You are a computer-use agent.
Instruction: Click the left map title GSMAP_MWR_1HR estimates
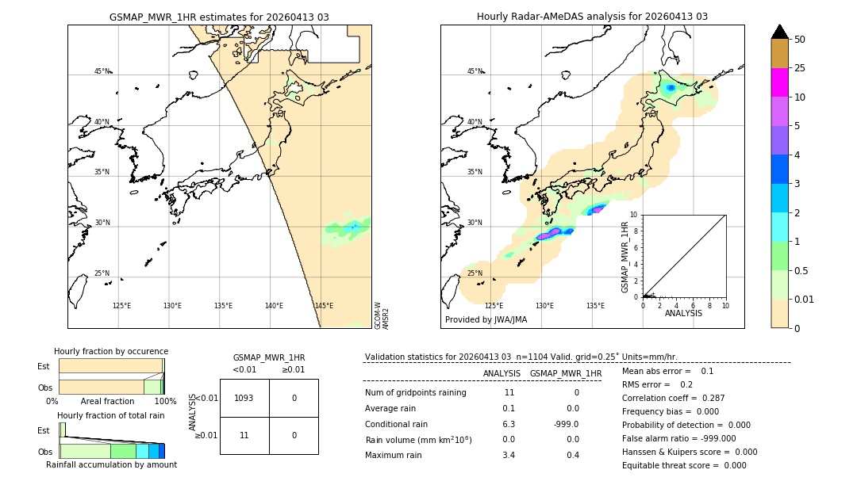coord(219,17)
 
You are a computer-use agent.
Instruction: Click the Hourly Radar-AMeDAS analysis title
coord(592,17)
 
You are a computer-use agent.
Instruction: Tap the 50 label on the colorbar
coord(800,39)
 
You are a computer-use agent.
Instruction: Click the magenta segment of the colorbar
coord(780,82)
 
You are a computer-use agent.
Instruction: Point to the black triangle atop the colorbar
coord(780,32)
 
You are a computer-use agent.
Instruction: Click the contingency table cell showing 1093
coord(244,398)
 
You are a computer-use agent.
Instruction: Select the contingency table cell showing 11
coord(244,435)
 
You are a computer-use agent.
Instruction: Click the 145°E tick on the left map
coord(324,306)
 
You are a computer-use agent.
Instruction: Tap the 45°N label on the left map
coord(102,71)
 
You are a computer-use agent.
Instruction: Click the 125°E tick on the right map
coord(494,306)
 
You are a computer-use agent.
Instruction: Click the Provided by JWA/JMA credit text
coord(486,320)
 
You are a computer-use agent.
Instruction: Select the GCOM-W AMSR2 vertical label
coord(382,315)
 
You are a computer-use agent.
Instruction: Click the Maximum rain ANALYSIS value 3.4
coord(509,455)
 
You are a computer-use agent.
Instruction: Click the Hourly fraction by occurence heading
coord(111,351)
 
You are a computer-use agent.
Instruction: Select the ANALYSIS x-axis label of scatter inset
coord(683,313)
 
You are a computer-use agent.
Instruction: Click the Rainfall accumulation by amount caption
coord(111,464)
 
